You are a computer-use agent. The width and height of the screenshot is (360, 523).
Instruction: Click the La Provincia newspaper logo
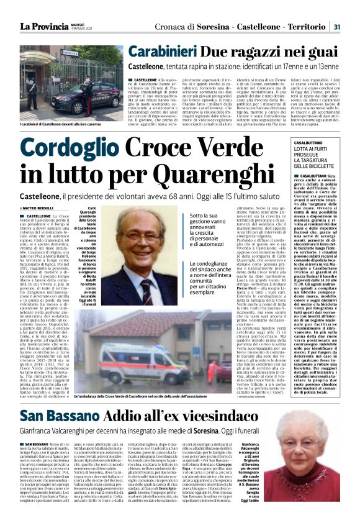click(45, 26)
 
